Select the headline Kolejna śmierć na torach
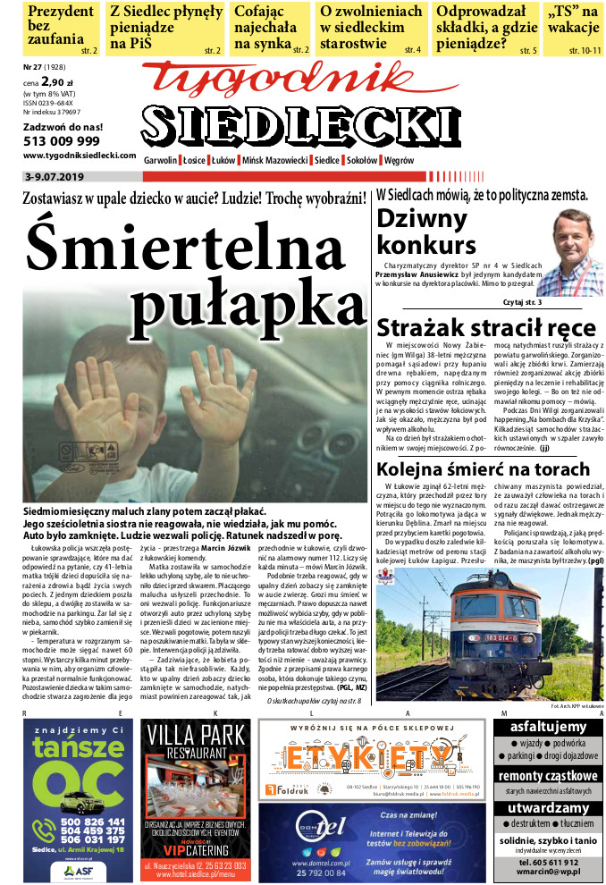click(x=483, y=469)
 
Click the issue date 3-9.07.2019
click(x=54, y=177)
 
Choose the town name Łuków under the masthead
click(x=223, y=160)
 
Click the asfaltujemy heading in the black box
click(x=547, y=728)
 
